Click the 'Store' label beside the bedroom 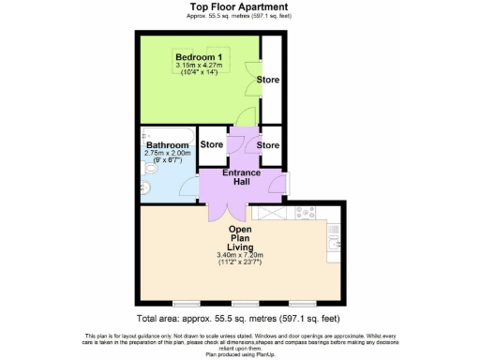click(x=269, y=79)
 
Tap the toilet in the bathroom click(x=144, y=187)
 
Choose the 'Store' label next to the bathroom click(x=212, y=145)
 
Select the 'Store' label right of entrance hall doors click(x=269, y=145)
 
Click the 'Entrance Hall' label click(x=241, y=177)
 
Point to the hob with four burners click(x=306, y=213)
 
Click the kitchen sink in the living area click(x=337, y=245)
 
